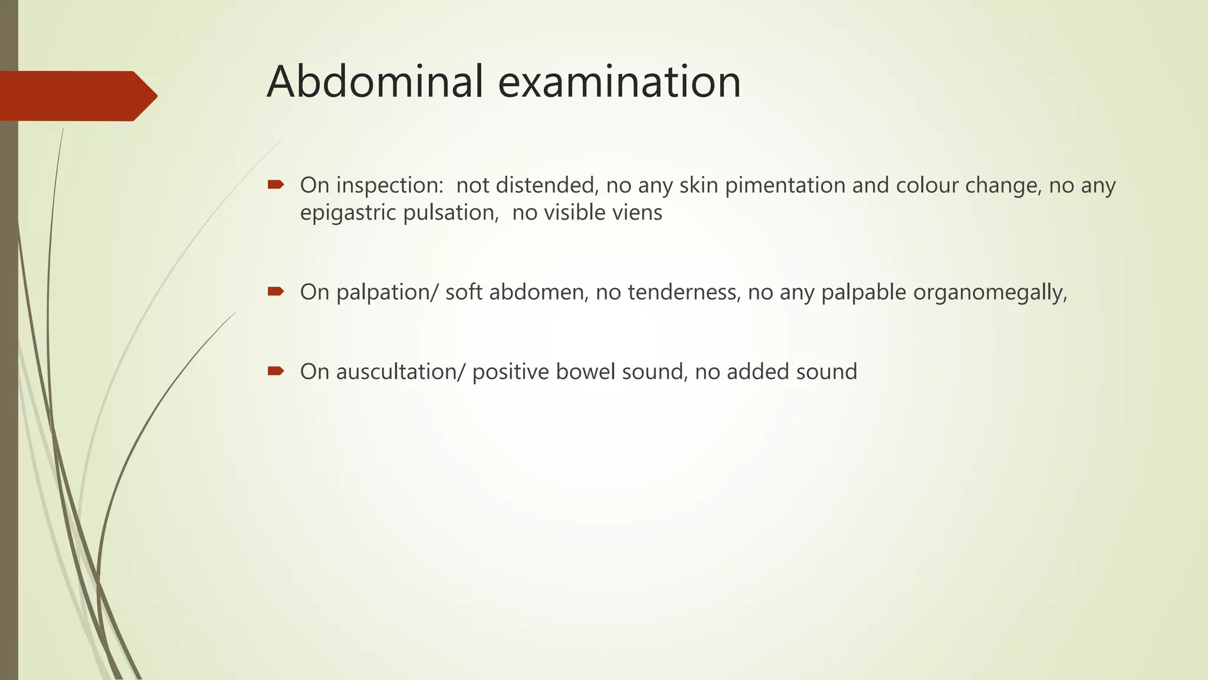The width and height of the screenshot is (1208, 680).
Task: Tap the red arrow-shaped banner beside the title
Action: pyautogui.click(x=77, y=96)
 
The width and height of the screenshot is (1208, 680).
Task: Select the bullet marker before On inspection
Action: pyautogui.click(x=275, y=185)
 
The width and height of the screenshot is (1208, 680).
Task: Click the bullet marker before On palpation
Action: pyautogui.click(x=275, y=291)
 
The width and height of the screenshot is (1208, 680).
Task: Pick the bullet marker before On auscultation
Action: pyautogui.click(x=275, y=371)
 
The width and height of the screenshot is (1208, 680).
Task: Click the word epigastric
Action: pyautogui.click(x=348, y=212)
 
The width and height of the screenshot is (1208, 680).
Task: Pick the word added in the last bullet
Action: pyautogui.click(x=757, y=372)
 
